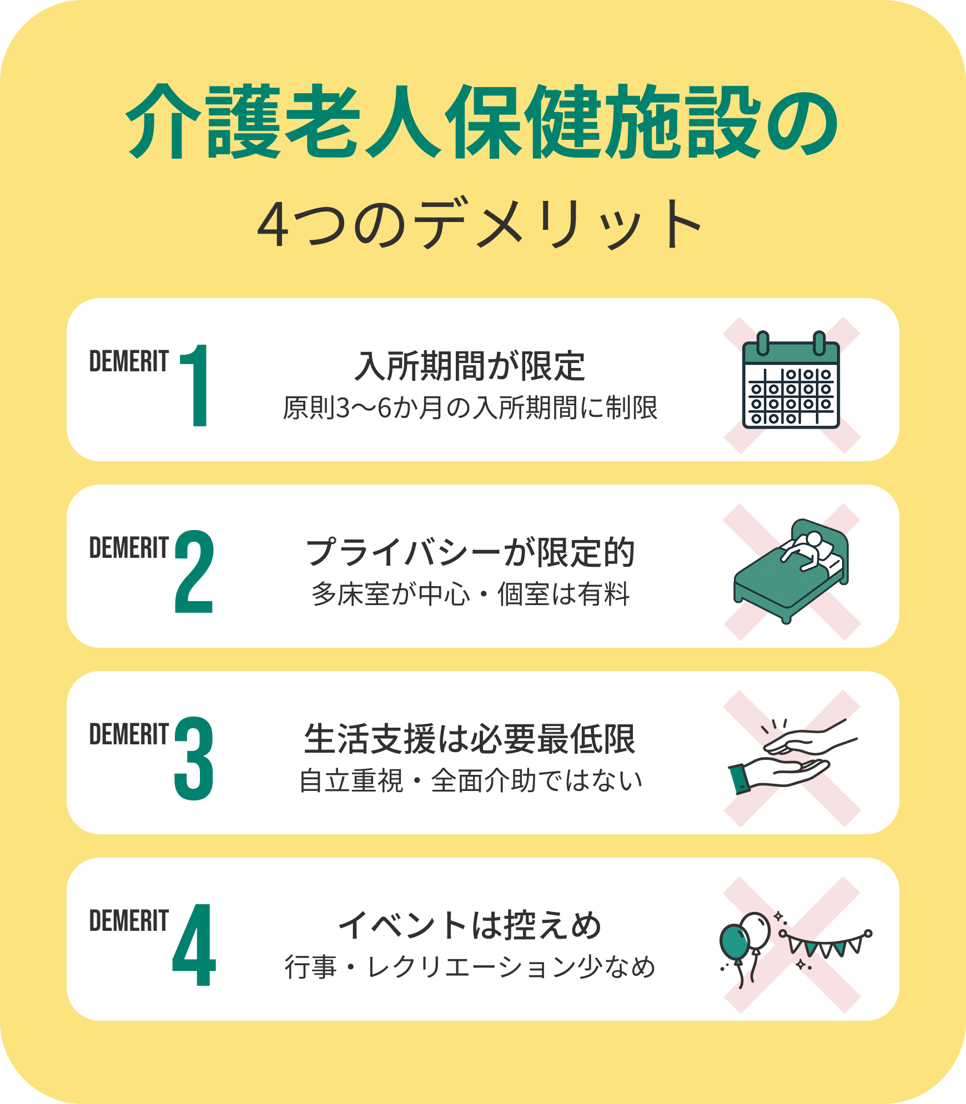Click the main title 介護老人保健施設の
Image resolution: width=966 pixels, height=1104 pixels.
click(x=482, y=122)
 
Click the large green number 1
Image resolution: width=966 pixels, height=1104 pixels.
click(x=195, y=385)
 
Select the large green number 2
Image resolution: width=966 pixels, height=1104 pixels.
click(x=194, y=571)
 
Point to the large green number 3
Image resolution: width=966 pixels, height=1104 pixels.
click(x=194, y=758)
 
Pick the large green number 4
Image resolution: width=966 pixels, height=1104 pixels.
click(x=194, y=945)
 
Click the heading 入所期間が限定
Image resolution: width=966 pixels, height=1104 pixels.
click(x=470, y=366)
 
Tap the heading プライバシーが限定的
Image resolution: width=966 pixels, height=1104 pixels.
click(x=470, y=553)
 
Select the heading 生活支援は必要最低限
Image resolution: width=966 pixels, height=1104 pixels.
click(x=470, y=739)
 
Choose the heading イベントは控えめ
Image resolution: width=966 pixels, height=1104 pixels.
click(x=470, y=926)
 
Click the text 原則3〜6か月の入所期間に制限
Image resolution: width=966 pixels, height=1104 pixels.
click(x=470, y=408)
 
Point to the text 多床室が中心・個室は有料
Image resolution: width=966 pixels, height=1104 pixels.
click(x=470, y=594)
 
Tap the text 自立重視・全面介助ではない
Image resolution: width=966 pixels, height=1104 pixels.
click(x=470, y=781)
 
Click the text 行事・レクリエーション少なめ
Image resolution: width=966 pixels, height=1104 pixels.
click(x=470, y=967)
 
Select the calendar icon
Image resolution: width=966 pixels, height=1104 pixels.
click(x=791, y=380)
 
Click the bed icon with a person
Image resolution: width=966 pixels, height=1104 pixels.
click(x=791, y=571)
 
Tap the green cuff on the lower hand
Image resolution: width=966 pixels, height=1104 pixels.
click(x=739, y=779)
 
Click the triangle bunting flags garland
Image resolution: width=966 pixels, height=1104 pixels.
click(x=826, y=944)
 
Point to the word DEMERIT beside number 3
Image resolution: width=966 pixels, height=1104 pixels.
click(x=129, y=734)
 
